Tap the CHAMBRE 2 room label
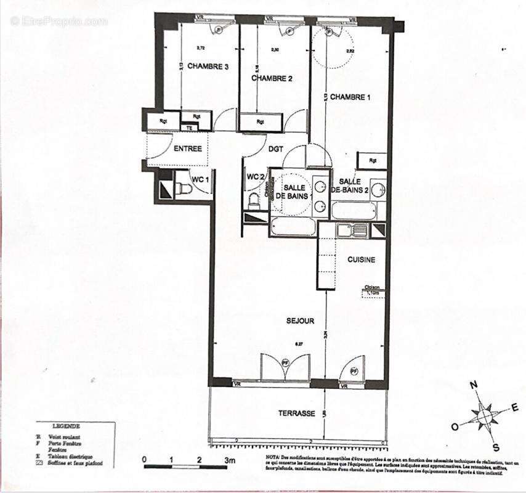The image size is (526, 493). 271,78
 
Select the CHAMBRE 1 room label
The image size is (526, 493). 350,97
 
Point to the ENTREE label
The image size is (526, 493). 188,149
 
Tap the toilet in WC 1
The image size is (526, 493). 184,189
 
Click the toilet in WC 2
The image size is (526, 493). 253,201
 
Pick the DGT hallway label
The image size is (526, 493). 275,149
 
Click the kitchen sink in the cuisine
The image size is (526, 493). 352,230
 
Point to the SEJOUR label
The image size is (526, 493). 300,321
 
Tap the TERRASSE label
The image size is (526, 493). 296,413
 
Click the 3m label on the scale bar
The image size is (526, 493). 230,460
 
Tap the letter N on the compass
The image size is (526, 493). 474,385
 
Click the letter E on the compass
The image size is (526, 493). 514,407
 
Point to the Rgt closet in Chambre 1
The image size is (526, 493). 373,160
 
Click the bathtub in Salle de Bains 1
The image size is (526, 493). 293,227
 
